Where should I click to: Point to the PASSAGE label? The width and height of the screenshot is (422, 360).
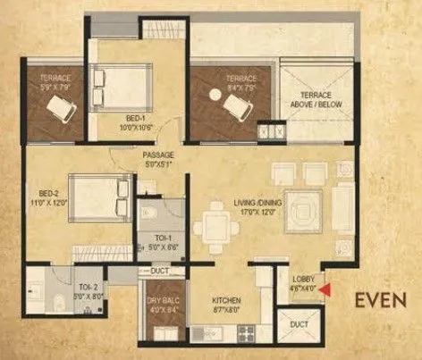point(156,157)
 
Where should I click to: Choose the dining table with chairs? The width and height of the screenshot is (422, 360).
point(215,221)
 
